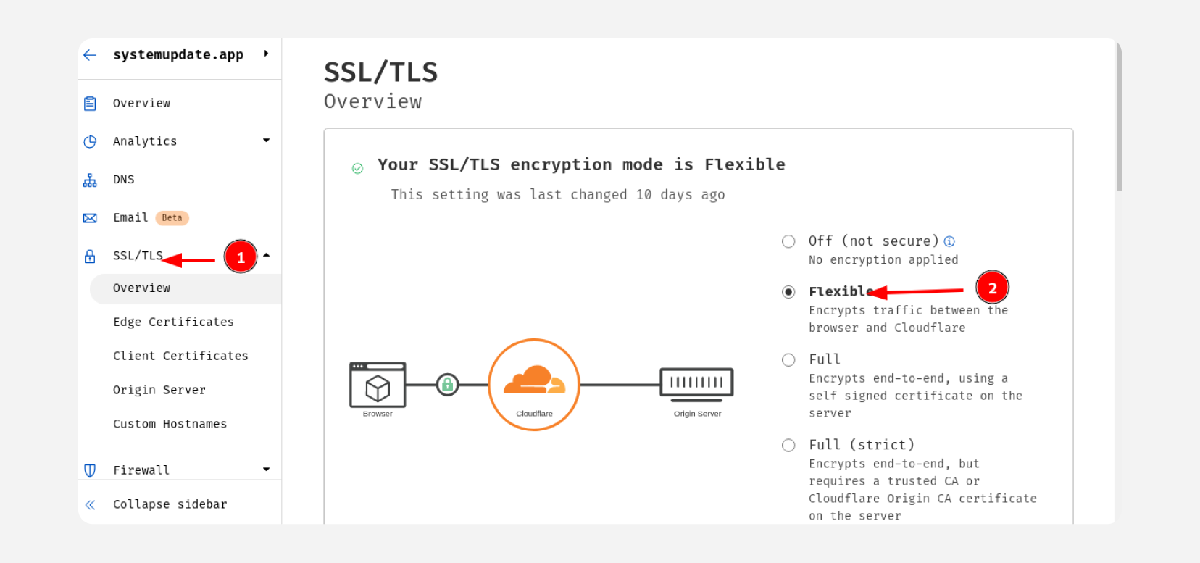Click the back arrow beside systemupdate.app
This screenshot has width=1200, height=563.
point(90,54)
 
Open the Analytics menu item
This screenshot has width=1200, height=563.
point(145,141)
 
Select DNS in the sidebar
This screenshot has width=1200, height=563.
point(123,180)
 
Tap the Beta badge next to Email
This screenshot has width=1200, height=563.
point(172,218)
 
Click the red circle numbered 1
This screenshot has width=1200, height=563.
point(241,257)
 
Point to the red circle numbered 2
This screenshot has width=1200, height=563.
point(992,288)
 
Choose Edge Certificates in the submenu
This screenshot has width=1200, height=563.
point(174,322)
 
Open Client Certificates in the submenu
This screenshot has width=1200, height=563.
point(180,356)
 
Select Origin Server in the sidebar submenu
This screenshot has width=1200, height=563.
point(159,390)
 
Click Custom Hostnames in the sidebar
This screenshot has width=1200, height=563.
point(170,425)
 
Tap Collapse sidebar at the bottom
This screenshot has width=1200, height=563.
point(170,504)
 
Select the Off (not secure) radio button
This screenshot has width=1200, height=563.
point(788,241)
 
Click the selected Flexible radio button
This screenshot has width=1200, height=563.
point(788,292)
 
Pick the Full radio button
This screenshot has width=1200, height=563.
point(788,360)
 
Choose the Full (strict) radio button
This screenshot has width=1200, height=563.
point(788,445)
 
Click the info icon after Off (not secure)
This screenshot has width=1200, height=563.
point(949,241)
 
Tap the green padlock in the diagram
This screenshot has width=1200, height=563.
point(447,385)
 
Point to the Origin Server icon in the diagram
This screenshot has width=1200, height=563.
point(696,385)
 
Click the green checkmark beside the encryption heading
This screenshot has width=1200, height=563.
point(357,169)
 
